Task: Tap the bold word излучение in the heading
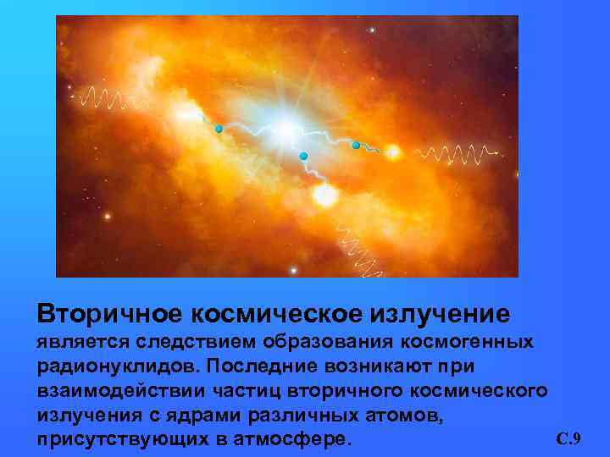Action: [440, 314]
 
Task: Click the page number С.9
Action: [568, 438]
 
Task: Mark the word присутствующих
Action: [108, 440]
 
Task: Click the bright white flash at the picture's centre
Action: [286, 129]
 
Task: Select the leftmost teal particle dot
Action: [219, 129]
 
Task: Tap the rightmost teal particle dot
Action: [356, 145]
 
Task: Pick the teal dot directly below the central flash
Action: [302, 156]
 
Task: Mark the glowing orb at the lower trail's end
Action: [324, 195]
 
